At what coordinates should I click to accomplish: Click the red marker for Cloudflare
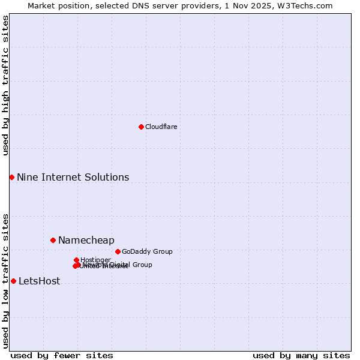(141, 127)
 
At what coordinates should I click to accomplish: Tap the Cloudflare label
(161, 127)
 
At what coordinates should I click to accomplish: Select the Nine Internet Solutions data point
(11, 177)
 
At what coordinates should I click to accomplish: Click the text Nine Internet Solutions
(73, 177)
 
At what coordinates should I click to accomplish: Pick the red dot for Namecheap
(53, 240)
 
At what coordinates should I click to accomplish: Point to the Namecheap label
(86, 241)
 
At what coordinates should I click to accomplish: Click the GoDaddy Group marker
(118, 251)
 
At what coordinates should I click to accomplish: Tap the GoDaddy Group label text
(147, 251)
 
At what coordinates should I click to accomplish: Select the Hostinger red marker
(76, 260)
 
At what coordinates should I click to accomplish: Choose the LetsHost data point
(13, 281)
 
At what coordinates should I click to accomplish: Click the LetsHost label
(39, 281)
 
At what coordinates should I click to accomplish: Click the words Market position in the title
(57, 5)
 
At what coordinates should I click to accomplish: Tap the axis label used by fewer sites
(62, 355)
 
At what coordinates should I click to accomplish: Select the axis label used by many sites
(301, 355)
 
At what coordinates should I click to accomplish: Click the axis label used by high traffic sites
(5, 85)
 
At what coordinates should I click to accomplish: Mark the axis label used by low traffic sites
(5, 280)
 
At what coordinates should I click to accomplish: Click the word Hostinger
(96, 260)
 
